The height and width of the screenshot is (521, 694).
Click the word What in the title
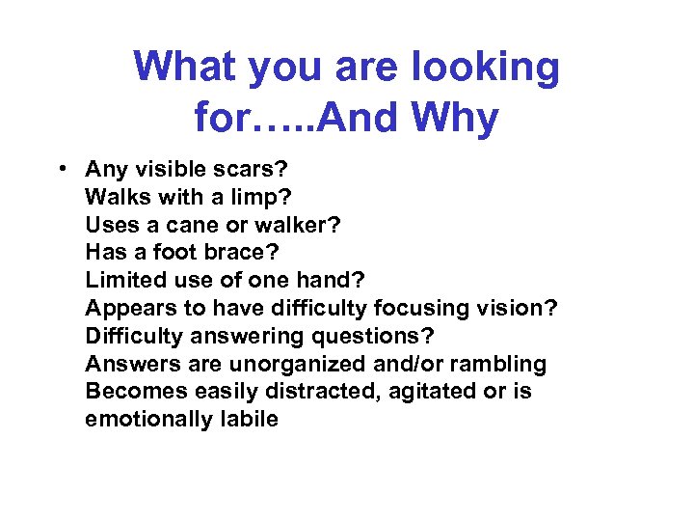point(185,68)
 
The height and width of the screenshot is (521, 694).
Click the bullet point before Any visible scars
point(61,169)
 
